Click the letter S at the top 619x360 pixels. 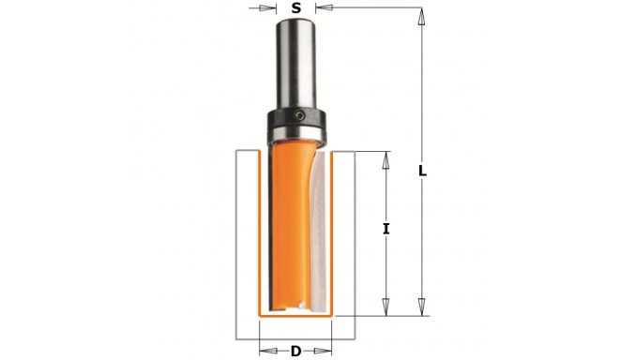[x=296, y=8]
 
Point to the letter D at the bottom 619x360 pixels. [x=295, y=352]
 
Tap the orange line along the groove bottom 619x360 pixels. [x=296, y=317]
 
